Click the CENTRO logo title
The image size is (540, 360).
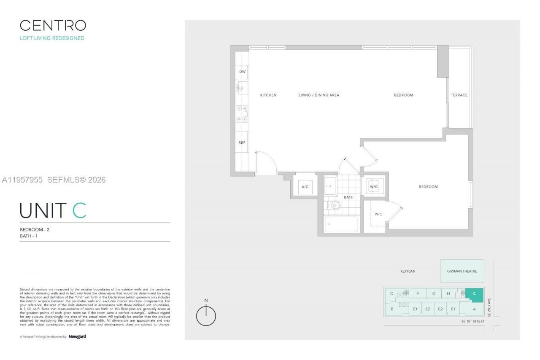[x=53, y=26]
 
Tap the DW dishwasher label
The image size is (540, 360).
[x=242, y=72]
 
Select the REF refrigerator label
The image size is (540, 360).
[x=242, y=142]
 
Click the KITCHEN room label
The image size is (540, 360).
[x=268, y=95]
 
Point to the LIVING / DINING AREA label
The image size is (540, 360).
[x=319, y=95]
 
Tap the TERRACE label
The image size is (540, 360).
[x=459, y=95]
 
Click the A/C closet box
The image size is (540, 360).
[x=305, y=187]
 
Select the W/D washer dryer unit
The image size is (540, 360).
[x=374, y=186]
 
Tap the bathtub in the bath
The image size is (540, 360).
[x=341, y=224]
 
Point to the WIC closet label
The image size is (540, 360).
[x=378, y=214]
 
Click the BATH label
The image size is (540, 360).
[x=348, y=197]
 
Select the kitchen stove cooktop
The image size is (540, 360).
[x=242, y=114]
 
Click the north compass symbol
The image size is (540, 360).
[x=206, y=315]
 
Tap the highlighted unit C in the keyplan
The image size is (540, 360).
[x=474, y=294]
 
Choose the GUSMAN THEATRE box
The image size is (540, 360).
[x=462, y=271]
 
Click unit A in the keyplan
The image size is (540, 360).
[x=474, y=309]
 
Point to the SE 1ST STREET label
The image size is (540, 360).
[x=472, y=321]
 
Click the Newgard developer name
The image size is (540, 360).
[x=77, y=337]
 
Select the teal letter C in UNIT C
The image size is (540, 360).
[x=79, y=211]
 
